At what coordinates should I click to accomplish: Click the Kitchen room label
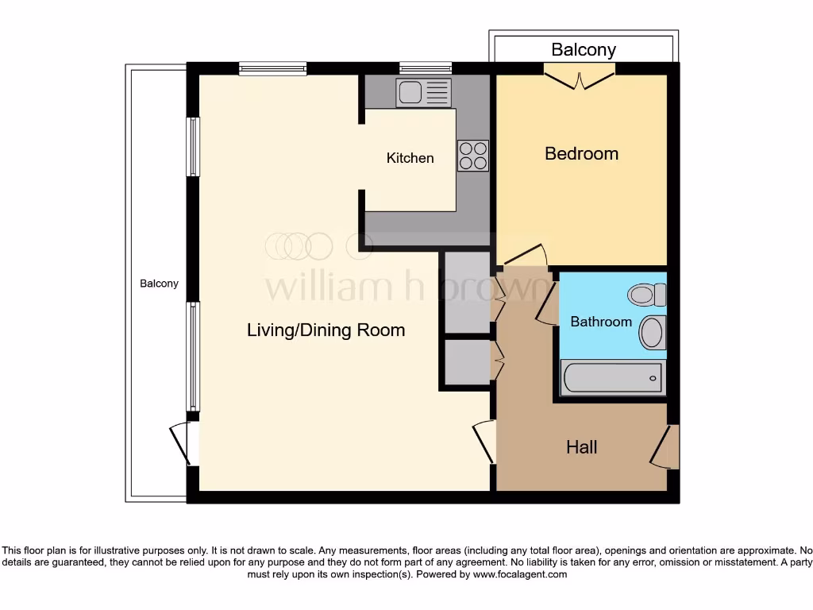410,158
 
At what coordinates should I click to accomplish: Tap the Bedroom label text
581,153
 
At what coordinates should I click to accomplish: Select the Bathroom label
601,322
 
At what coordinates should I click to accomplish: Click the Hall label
581,447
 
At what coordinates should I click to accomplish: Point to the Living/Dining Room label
326,330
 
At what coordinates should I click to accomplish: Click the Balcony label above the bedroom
584,49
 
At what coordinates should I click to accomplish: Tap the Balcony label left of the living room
159,284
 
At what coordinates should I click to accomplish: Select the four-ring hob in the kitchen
473,156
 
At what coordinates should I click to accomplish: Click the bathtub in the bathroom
611,377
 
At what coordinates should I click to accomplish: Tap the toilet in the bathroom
647,295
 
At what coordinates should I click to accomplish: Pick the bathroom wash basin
653,332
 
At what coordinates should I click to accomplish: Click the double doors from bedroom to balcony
580,78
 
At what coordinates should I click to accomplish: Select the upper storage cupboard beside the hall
467,292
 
